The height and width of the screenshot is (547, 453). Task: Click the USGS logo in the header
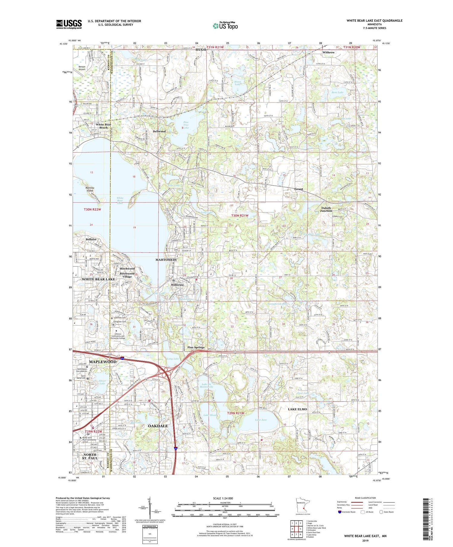pos(69,24)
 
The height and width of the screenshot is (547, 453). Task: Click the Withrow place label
pos(329,52)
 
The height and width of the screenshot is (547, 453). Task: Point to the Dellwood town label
pos(159,131)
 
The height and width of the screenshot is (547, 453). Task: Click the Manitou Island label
pos(90,189)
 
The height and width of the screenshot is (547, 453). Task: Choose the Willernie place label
pos(177,285)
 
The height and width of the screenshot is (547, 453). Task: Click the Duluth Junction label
pos(326,209)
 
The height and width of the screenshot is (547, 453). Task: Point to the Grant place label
pos(298,189)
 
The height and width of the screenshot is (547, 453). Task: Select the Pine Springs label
pos(196,347)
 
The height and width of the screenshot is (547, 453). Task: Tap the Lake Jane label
pos(261,420)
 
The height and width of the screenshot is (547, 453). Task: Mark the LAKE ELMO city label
pos(297,409)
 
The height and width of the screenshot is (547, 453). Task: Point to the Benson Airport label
pos(82,68)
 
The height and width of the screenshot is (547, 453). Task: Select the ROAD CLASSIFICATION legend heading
pos(365,498)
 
